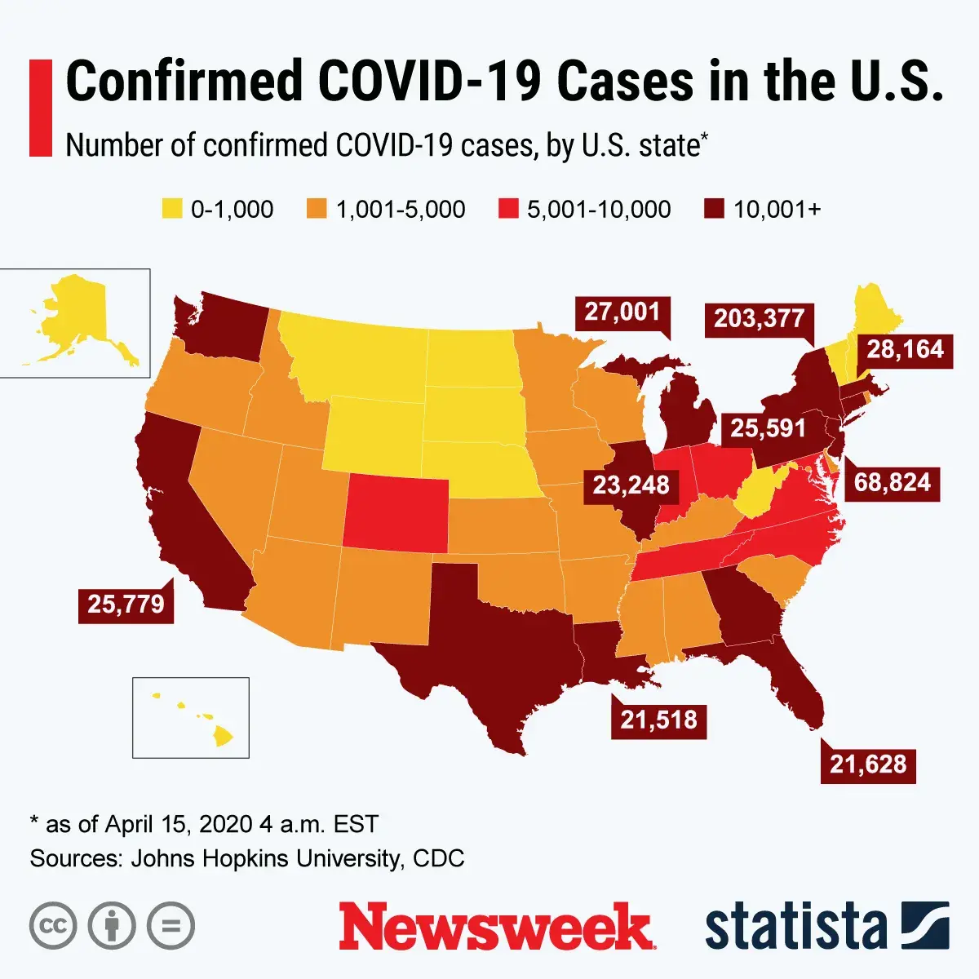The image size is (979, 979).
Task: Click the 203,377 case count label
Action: click(x=759, y=318)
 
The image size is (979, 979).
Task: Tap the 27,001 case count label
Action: click(x=622, y=312)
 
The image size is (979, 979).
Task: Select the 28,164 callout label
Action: click(x=905, y=350)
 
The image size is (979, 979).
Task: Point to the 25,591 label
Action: click(x=767, y=427)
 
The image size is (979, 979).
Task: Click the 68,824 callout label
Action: click(x=892, y=482)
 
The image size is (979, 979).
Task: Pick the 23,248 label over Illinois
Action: click(x=631, y=485)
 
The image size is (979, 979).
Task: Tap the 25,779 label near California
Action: click(x=126, y=604)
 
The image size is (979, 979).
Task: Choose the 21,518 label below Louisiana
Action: click(x=658, y=720)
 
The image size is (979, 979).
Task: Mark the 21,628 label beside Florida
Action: click(x=868, y=764)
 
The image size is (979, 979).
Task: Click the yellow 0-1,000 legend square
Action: click(x=172, y=209)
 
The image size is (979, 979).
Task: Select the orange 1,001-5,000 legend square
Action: click(x=317, y=209)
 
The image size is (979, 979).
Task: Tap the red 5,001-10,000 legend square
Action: click(x=508, y=209)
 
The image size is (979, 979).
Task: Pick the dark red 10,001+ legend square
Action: click(x=714, y=209)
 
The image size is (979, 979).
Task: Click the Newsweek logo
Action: click(x=496, y=927)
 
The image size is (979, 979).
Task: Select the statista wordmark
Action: click(x=795, y=927)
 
